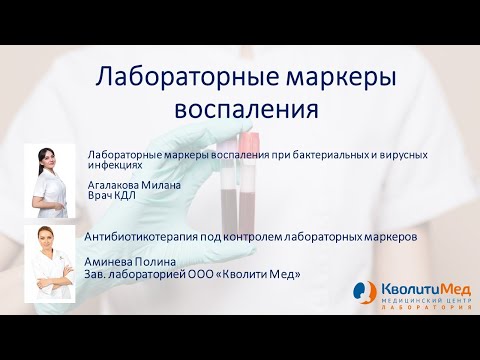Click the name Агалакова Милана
[x=136, y=185]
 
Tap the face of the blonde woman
[x=46, y=241]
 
